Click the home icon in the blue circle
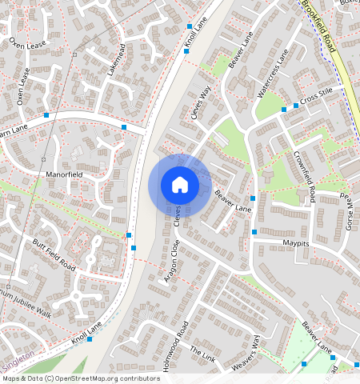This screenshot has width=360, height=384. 180,185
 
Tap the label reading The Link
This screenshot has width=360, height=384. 203,354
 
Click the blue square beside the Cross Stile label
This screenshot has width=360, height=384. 295,105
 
